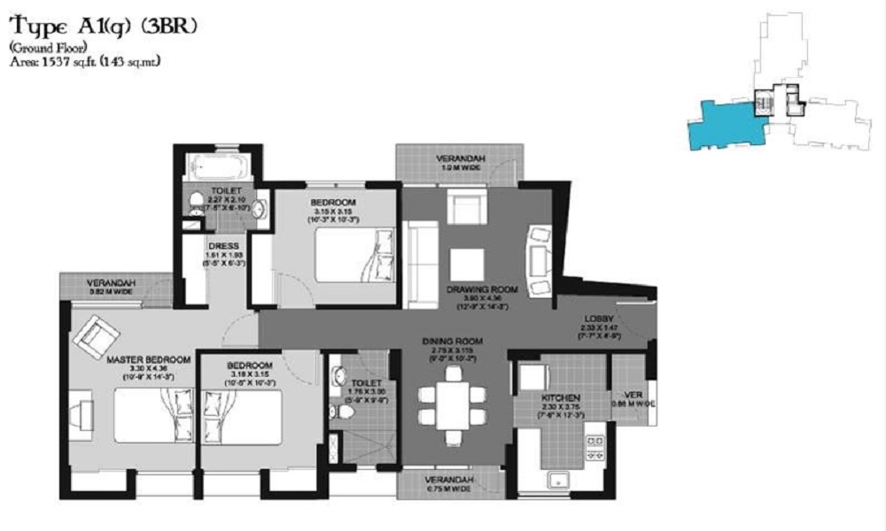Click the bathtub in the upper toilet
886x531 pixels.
(219, 167)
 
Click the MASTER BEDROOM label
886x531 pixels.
(148, 359)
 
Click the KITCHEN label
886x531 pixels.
(562, 398)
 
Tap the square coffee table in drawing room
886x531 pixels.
(466, 264)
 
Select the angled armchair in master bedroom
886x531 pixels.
(97, 338)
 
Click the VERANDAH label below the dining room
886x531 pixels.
(451, 480)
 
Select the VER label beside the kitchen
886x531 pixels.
(633, 396)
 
